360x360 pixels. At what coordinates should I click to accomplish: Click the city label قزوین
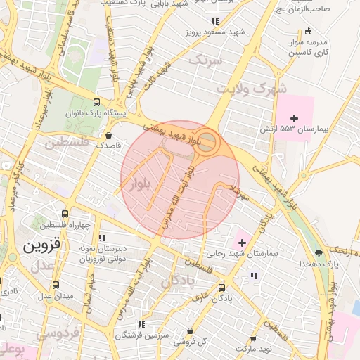pyautogui.click(x=43, y=246)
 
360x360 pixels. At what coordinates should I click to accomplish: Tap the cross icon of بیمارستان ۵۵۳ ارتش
pyautogui.click(x=295, y=117)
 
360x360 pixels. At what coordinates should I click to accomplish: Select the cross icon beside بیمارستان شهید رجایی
pyautogui.click(x=243, y=243)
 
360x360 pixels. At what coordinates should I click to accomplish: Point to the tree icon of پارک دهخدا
pyautogui.click(x=319, y=252)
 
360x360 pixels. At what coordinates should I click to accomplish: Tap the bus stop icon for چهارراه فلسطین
pyautogui.click(x=65, y=214)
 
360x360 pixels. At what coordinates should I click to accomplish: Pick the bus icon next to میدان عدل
pyautogui.click(x=56, y=285)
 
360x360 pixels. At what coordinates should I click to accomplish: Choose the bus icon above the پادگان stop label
pyautogui.click(x=222, y=287)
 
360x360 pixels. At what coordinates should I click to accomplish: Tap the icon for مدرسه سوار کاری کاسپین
pyautogui.click(x=309, y=31)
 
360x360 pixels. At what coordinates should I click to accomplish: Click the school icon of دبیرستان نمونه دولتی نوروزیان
pyautogui.click(x=102, y=238)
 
